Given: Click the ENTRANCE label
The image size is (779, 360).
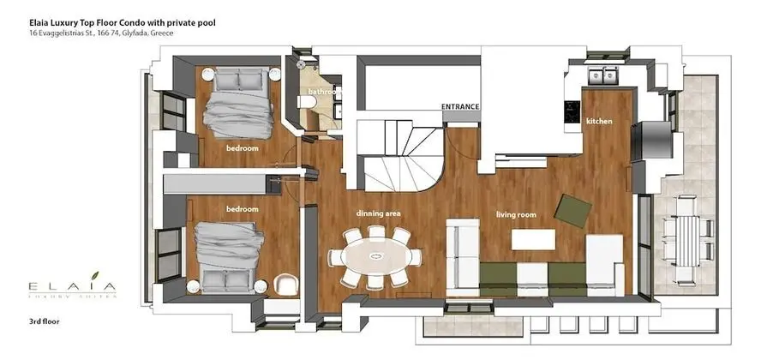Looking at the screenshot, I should pyautogui.click(x=459, y=106).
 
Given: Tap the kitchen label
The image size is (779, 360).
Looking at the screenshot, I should pyautogui.click(x=599, y=122).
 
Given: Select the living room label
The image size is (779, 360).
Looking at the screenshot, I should pyautogui.click(x=517, y=214).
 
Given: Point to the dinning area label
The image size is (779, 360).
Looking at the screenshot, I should pyautogui.click(x=378, y=213).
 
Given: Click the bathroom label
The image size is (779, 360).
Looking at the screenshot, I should pyautogui.click(x=324, y=92).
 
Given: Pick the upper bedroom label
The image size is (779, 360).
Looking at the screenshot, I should pyautogui.click(x=242, y=148).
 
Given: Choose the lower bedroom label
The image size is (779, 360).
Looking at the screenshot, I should pyautogui.click(x=242, y=208).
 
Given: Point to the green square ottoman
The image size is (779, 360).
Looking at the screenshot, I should pyautogui.click(x=572, y=209).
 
